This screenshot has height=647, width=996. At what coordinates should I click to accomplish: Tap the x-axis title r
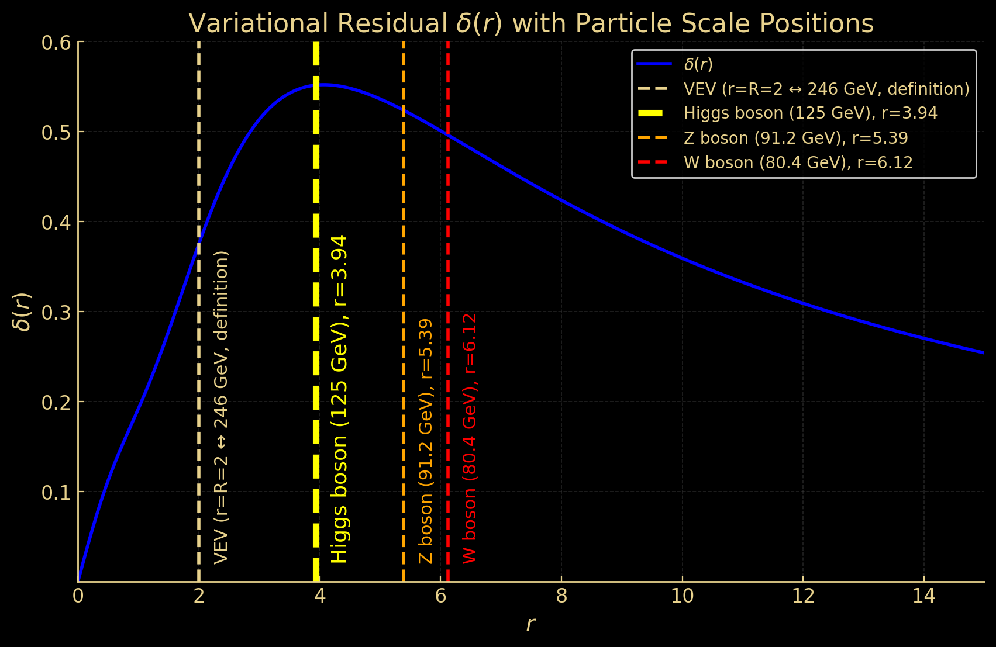pyautogui.click(x=530, y=624)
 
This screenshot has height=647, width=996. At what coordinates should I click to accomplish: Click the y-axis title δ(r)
pyautogui.click(x=23, y=312)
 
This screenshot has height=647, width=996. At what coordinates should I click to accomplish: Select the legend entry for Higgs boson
pyautogui.click(x=810, y=113)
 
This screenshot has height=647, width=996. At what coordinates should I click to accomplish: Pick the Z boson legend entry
pyautogui.click(x=795, y=138)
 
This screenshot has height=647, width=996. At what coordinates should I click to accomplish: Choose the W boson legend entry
pyautogui.click(x=798, y=162)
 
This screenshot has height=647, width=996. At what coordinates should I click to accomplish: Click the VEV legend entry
pyautogui.click(x=826, y=89)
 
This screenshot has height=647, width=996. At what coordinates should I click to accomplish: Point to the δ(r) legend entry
pyautogui.click(x=698, y=64)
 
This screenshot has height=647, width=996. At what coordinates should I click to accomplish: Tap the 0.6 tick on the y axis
pyautogui.click(x=56, y=43)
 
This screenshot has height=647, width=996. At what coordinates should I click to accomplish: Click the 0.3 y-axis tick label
pyautogui.click(x=56, y=312)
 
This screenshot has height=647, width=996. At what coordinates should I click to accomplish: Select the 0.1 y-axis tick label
pyautogui.click(x=56, y=492)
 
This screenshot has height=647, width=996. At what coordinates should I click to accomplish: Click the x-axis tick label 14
pyautogui.click(x=923, y=596)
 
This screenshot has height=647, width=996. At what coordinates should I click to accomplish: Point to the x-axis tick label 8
pyautogui.click(x=561, y=596)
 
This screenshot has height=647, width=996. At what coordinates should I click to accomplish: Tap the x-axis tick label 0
pyautogui.click(x=78, y=596)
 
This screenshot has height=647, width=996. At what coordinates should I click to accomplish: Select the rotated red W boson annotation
pyautogui.click(x=470, y=438)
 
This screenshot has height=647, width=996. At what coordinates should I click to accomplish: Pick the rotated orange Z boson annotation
pyautogui.click(x=426, y=441)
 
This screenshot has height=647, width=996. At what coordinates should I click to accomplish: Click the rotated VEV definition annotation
pyautogui.click(x=221, y=407)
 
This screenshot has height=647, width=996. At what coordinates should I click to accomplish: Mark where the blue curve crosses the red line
pyautogui.click(x=447, y=134)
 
